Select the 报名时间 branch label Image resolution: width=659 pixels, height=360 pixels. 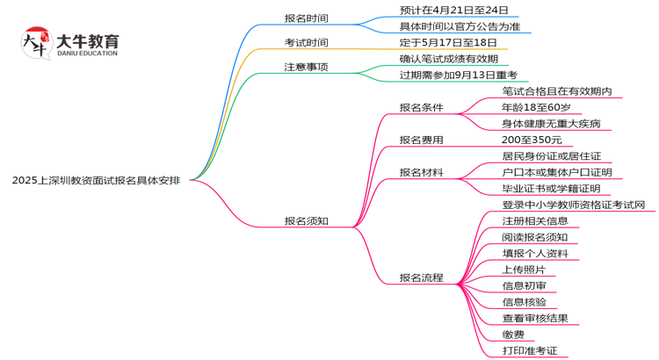(x=306, y=18)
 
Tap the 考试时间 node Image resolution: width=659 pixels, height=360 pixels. (x=306, y=42)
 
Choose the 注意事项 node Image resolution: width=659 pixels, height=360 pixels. (x=306, y=67)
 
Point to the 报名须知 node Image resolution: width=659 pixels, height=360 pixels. (x=306, y=220)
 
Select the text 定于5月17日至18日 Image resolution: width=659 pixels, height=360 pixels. (x=442, y=42)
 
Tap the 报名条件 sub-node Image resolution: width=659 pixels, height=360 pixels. (x=421, y=107)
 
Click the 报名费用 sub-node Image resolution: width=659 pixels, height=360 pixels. (x=421, y=140)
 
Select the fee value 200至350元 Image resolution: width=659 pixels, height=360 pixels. (x=532, y=140)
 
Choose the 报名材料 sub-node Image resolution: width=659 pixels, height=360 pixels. (x=421, y=172)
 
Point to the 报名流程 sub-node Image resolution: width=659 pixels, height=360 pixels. (x=421, y=277)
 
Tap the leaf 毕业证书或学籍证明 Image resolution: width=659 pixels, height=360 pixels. (x=551, y=188)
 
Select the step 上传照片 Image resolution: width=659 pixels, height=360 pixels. (x=524, y=270)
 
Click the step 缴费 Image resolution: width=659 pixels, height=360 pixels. (x=513, y=335)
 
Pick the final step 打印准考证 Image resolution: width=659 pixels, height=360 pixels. (x=529, y=350)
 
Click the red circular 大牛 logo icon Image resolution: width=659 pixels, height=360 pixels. (x=35, y=43)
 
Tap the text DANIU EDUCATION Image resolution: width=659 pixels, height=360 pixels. (x=86, y=54)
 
